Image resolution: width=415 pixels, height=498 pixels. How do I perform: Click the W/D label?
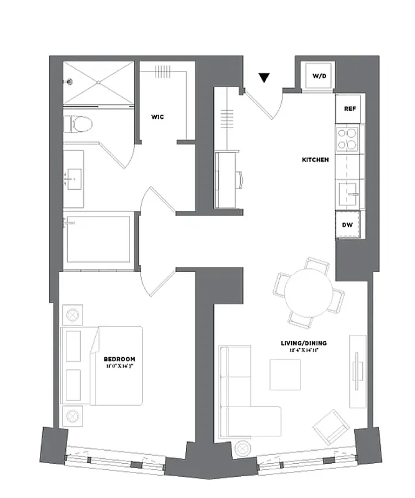click(318, 76)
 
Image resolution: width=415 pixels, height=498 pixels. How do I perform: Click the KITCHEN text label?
click(315, 160)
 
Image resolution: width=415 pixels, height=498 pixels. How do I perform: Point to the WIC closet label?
click(157, 116)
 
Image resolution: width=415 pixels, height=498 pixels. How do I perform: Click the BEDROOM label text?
click(119, 360)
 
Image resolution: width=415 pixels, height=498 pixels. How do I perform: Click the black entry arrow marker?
click(264, 78)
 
